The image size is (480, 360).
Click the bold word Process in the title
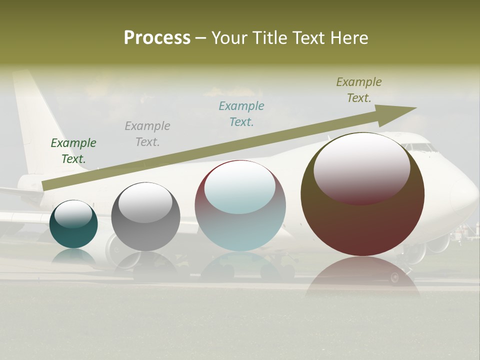[x=157, y=38]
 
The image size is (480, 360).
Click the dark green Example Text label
[x=73, y=151]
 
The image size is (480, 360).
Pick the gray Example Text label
[x=147, y=134]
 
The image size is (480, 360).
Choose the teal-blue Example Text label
[x=241, y=114]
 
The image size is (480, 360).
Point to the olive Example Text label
[x=359, y=90]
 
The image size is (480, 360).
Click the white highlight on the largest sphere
[x=361, y=167]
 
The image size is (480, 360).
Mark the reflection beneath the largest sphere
[x=362, y=280]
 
